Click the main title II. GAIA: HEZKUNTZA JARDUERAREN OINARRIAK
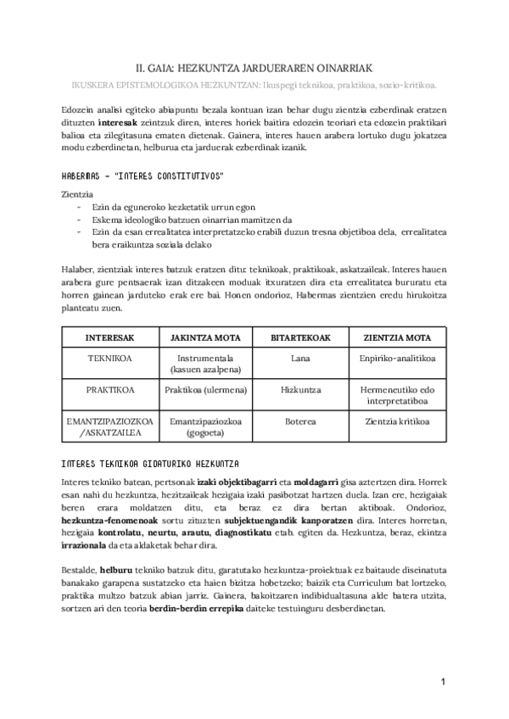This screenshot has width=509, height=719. tap(254, 67)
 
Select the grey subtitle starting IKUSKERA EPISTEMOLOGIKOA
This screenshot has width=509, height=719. tap(254, 85)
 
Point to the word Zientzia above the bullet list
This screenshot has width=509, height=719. tap(79, 195)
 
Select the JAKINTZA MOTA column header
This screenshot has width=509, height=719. tap(205, 337)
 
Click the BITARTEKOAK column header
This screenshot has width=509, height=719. tap(300, 337)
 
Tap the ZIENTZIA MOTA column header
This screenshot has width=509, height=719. tap(396, 337)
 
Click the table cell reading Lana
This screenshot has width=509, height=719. tap(300, 359)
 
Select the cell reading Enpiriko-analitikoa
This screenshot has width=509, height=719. tap(396, 359)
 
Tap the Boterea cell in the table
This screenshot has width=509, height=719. tap(300, 421)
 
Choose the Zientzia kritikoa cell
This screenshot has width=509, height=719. tap(396, 421)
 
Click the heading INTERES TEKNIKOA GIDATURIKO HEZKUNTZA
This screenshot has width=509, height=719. tap(151, 463)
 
